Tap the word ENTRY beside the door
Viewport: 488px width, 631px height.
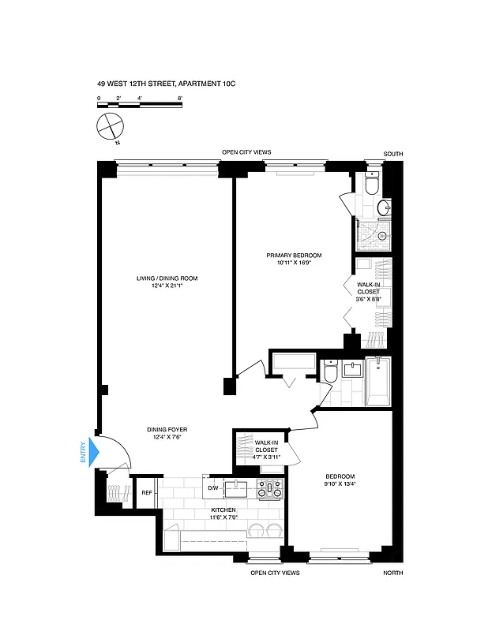point(82,453)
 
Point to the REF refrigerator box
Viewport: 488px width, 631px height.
point(146,493)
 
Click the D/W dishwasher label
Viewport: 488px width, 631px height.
point(212,488)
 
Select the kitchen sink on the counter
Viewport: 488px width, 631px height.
point(236,489)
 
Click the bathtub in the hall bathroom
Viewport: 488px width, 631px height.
point(379,382)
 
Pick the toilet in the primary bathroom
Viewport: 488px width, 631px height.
point(373,185)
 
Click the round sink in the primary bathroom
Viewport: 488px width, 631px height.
point(383,208)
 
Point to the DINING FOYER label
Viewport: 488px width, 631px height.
point(167,429)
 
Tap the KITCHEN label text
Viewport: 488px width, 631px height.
point(223,510)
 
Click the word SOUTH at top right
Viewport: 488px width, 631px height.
point(392,155)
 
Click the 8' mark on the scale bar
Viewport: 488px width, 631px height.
point(181,98)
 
